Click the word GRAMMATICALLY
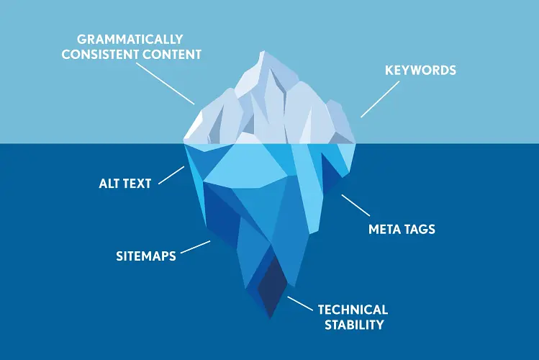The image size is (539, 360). point(130,39)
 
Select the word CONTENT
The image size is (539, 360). point(172,54)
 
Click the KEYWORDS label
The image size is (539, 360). point(420,70)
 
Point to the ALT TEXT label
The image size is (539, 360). point(125,184)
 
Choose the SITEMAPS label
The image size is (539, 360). point(146,256)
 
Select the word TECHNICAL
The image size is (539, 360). point(353,310)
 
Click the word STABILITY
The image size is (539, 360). point(354,325)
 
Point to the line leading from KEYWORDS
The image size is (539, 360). point(380,99)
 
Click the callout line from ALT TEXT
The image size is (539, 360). point(171,176)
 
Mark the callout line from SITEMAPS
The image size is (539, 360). point(195,247)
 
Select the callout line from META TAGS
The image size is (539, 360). point(355,205)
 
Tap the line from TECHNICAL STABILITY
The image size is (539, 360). point(300,304)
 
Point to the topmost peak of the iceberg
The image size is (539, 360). point(263,51)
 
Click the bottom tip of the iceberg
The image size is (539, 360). point(270,318)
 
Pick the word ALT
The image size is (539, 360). point(110,184)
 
